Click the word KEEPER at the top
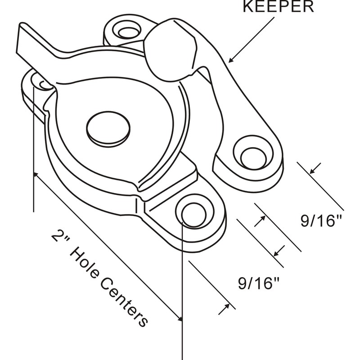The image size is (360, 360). pos(278,6)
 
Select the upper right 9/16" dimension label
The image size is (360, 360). pos(321,221)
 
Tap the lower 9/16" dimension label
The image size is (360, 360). pos(258,283)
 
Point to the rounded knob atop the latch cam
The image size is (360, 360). pos(170,50)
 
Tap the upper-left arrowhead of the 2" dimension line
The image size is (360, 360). pos(36,175)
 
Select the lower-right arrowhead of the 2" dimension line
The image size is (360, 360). pos(180,319)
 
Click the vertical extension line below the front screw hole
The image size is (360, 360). pos(182,291)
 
